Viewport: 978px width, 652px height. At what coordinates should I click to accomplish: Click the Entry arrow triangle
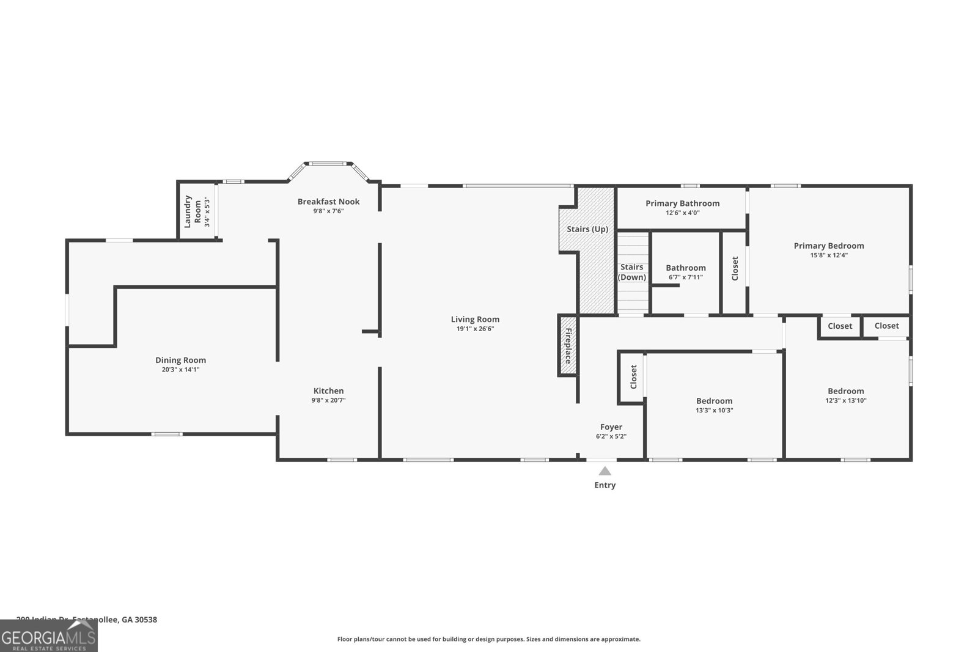point(605,471)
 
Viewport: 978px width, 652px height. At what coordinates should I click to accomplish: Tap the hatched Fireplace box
point(567,346)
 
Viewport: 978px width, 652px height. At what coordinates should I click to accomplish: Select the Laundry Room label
point(193,211)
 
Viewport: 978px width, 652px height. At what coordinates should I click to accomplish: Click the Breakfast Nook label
point(328,202)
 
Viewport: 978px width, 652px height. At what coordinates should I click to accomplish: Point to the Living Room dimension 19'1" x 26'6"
point(475,329)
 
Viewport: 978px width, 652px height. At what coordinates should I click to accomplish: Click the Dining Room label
point(180,360)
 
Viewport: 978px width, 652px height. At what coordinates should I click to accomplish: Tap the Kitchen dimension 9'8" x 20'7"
point(328,400)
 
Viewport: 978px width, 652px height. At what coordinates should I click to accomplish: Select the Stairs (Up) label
point(587,229)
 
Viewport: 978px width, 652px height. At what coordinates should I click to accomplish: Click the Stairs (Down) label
point(631,272)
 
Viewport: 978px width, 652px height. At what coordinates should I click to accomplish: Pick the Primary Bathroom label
point(682,203)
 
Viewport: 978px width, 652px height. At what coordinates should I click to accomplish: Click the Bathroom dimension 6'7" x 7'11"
point(685,277)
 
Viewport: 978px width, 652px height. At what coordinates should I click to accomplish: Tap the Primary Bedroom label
point(828,246)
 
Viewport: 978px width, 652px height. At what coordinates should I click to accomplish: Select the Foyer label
point(611,427)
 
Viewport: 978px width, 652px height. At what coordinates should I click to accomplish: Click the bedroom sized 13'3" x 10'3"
point(714,405)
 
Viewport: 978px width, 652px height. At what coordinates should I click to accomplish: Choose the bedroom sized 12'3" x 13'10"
point(845,395)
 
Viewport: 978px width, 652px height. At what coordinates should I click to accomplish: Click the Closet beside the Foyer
point(633,377)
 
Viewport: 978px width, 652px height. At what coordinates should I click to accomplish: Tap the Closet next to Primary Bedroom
point(735,268)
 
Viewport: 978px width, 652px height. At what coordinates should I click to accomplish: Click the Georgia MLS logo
point(48,636)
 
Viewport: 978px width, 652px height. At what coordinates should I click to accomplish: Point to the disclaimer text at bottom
point(488,639)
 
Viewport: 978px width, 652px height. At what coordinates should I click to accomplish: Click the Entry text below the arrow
point(605,485)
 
